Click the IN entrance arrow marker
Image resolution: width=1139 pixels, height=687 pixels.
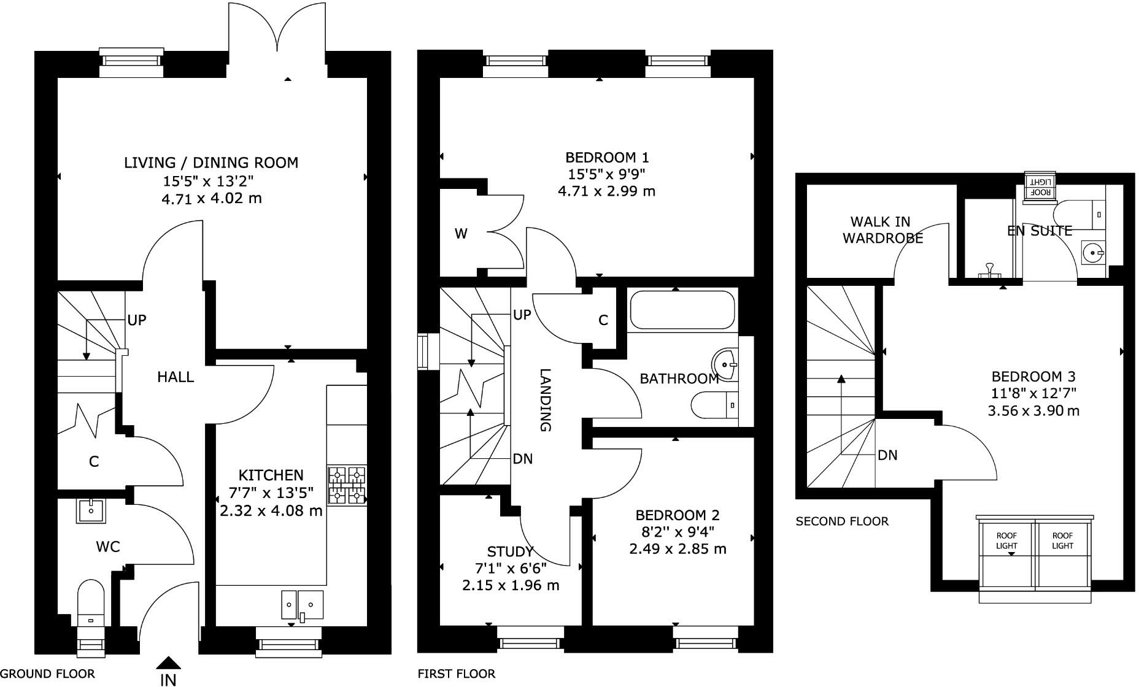(x=168, y=664)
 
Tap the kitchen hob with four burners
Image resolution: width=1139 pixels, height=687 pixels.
(x=347, y=485)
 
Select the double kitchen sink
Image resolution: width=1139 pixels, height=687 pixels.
(x=302, y=604)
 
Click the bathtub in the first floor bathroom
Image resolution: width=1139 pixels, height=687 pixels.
(x=682, y=310)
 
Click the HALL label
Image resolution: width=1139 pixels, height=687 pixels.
(x=176, y=377)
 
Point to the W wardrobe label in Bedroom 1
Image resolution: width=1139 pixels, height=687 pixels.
(x=461, y=233)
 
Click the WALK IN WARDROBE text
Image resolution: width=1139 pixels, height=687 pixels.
(x=882, y=230)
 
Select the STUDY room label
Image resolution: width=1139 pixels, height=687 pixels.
(x=510, y=551)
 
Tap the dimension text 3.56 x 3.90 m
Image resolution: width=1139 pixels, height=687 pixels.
(x=1033, y=411)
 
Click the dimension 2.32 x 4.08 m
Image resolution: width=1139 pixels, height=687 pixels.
(x=271, y=510)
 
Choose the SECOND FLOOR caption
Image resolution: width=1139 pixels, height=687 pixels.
(x=841, y=521)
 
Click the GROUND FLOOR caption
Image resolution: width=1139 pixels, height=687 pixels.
(x=47, y=674)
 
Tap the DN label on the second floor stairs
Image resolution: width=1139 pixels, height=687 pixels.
(x=887, y=455)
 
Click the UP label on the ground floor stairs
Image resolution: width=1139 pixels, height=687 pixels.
(x=136, y=320)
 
